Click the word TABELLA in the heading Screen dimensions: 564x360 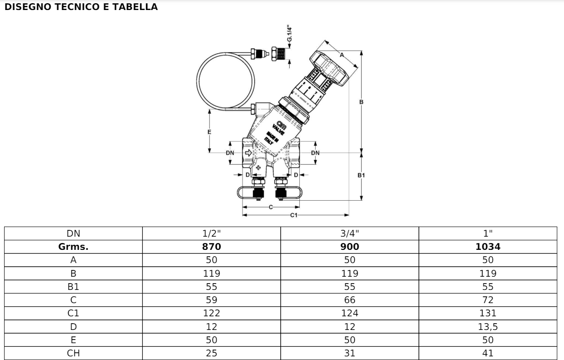pyautogui.click(x=135, y=7)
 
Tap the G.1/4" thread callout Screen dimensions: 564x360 pyautogui.click(x=290, y=33)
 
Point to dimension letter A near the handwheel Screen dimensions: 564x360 pyautogui.click(x=342, y=55)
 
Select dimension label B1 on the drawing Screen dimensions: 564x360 pyautogui.click(x=361, y=175)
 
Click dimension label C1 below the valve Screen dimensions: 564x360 pyautogui.click(x=294, y=215)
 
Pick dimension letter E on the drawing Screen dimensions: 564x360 pyautogui.click(x=209, y=132)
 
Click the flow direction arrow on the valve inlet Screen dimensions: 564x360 pyautogui.click(x=248, y=152)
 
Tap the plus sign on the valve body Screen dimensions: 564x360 pyautogui.click(x=258, y=167)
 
